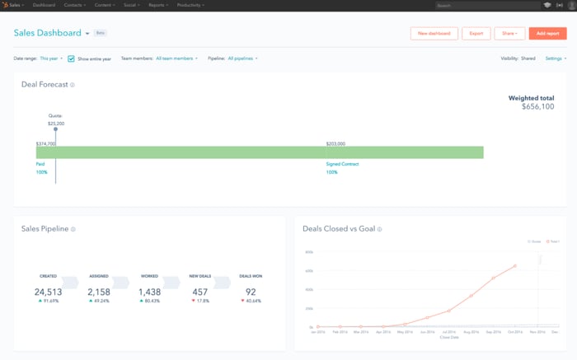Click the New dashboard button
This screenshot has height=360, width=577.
[x=434, y=34]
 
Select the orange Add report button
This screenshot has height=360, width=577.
[x=547, y=34]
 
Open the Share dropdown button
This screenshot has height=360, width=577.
[x=509, y=34]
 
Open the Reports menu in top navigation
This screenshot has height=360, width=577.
[x=158, y=5]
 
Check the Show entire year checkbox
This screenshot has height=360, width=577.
[x=72, y=58]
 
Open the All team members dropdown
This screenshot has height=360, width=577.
[x=176, y=58]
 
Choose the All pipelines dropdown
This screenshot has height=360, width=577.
[x=242, y=58]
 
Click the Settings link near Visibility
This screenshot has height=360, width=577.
[x=555, y=58]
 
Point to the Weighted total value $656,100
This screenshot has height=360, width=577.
[x=537, y=106]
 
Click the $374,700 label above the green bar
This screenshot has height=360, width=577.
[x=45, y=143]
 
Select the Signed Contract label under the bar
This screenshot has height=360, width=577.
[x=342, y=164]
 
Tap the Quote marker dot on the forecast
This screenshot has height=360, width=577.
[x=55, y=129]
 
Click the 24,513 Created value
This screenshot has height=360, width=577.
[x=48, y=292]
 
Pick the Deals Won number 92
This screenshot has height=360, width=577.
[x=251, y=292]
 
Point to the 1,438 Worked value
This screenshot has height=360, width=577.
[x=149, y=292]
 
